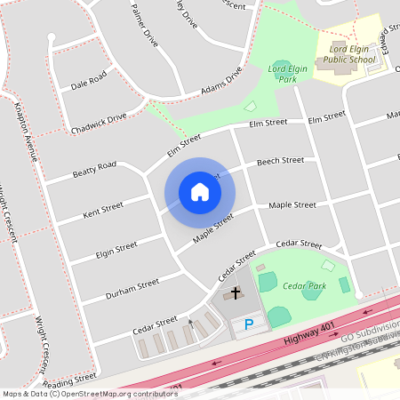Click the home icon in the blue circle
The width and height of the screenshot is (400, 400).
coord(200,192)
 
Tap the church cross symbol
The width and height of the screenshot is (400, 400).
coord(236,292)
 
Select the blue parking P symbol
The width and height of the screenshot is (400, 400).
coord(249,325)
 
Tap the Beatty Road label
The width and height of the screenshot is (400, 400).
coord(94,168)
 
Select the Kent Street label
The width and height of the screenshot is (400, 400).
coord(102,212)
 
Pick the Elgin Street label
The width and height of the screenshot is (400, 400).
coord(116,250)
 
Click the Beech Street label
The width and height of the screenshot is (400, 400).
coord(280,161)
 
